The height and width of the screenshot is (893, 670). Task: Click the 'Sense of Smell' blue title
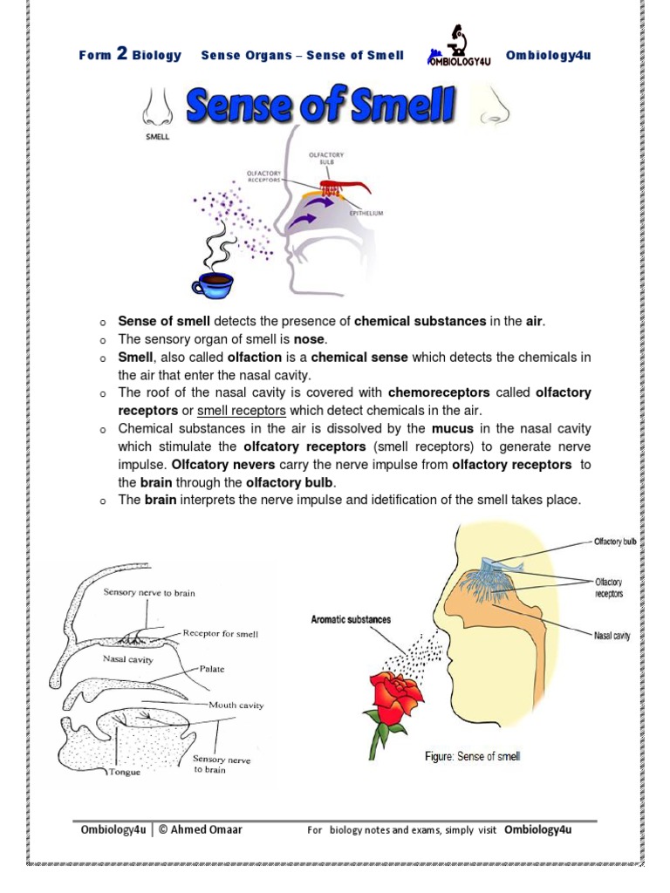[322, 107]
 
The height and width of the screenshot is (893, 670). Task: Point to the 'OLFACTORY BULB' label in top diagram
[326, 158]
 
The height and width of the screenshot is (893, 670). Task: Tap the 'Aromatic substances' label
[351, 620]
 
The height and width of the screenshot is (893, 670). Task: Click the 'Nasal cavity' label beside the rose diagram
[612, 636]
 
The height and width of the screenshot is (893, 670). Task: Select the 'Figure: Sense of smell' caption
[472, 756]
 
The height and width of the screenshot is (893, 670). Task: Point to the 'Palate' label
[212, 669]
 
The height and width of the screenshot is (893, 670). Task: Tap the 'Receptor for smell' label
[221, 634]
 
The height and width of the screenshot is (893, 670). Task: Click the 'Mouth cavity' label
[236, 705]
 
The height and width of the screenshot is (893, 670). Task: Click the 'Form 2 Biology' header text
[130, 55]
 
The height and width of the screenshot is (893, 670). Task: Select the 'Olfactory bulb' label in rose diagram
[615, 542]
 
